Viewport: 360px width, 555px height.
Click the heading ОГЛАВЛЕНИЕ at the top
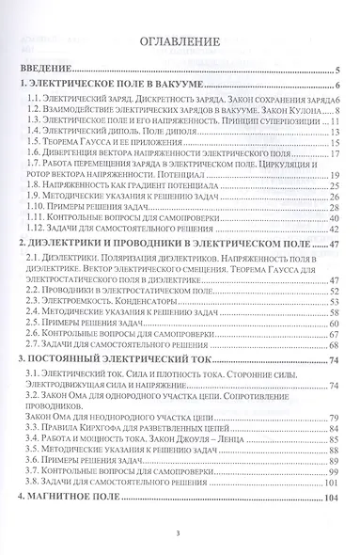click(x=179, y=43)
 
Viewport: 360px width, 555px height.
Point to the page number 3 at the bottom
click(x=180, y=534)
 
